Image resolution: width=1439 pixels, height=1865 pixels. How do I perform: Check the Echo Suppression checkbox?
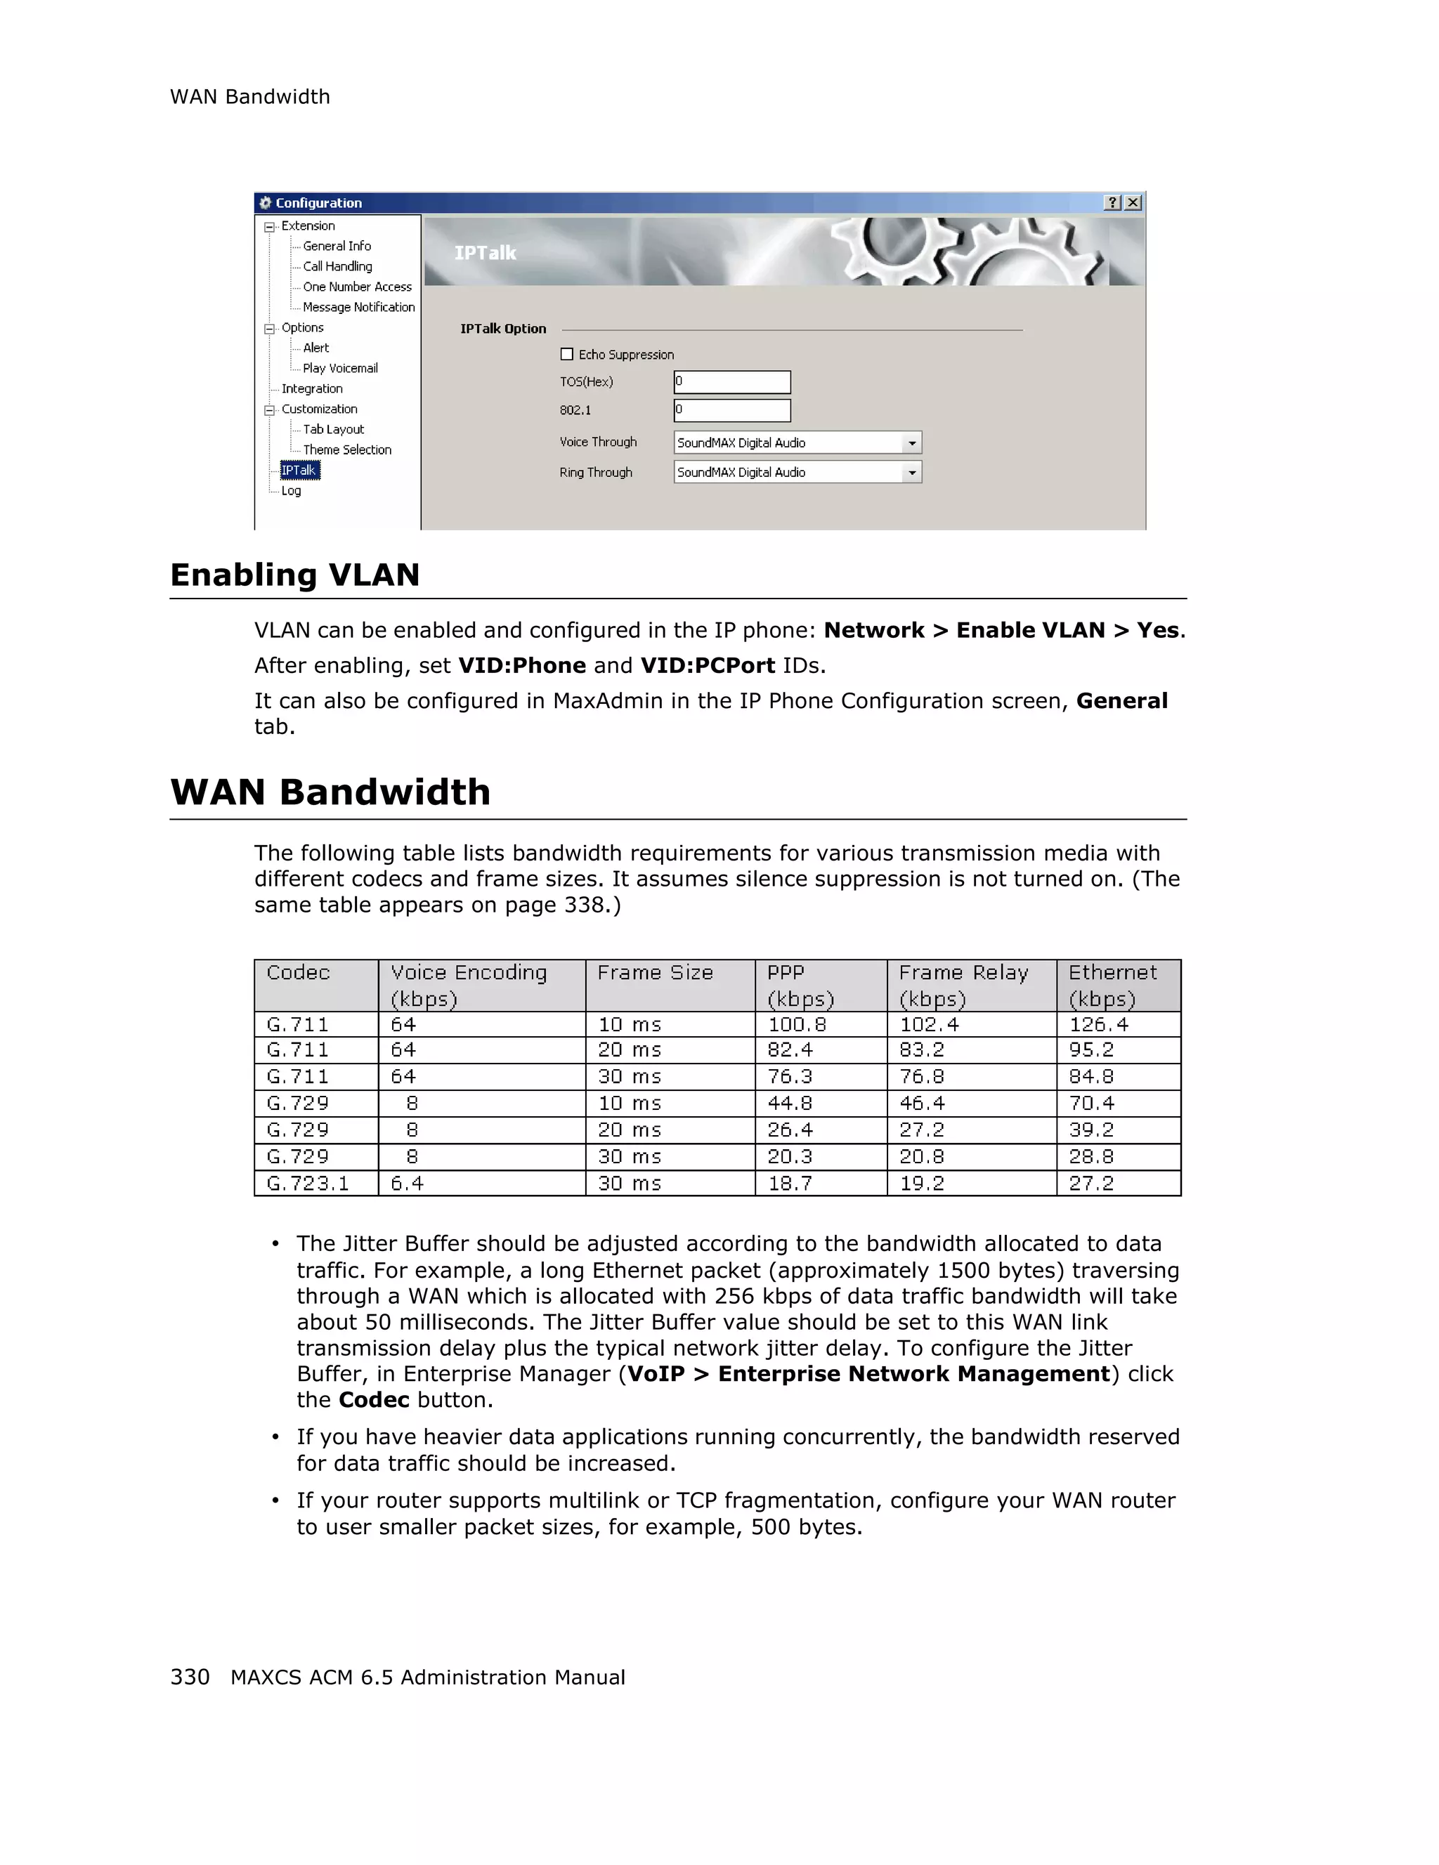pyautogui.click(x=567, y=354)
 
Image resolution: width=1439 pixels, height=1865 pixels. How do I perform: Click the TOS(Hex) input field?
pyautogui.click(x=732, y=381)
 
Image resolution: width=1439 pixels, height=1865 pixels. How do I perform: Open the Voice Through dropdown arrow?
pyautogui.click(x=912, y=443)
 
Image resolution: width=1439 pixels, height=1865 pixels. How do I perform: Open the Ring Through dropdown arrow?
pyautogui.click(x=912, y=472)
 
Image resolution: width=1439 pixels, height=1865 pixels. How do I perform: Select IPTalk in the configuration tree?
pyautogui.click(x=299, y=471)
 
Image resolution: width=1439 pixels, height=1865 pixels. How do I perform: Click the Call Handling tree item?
pyautogui.click(x=337, y=266)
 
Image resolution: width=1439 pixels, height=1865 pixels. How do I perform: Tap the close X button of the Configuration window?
pyautogui.click(x=1133, y=202)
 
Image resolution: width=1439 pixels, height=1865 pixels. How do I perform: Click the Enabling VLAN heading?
pyautogui.click(x=294, y=575)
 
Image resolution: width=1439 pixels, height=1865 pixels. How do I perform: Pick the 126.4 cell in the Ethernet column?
pyautogui.click(x=1099, y=1024)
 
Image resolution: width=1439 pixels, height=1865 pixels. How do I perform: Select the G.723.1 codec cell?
pyautogui.click(x=308, y=1183)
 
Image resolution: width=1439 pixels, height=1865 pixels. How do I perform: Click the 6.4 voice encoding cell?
pyautogui.click(x=408, y=1183)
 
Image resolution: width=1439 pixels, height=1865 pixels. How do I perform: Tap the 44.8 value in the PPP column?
pyautogui.click(x=790, y=1104)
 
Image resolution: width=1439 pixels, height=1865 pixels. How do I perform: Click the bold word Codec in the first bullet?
pyautogui.click(x=374, y=1399)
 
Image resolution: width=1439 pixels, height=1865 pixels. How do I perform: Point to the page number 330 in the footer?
pyautogui.click(x=190, y=1677)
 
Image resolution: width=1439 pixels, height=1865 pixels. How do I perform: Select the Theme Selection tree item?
pyautogui.click(x=346, y=450)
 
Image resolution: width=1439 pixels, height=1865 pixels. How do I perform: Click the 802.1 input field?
pyautogui.click(x=732, y=410)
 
